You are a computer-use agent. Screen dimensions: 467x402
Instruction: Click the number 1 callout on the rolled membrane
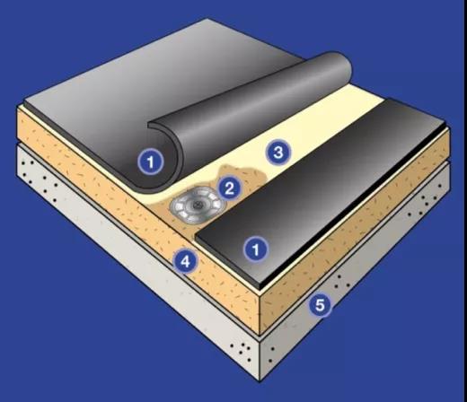(151, 162)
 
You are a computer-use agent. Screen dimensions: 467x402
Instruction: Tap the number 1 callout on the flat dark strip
(256, 249)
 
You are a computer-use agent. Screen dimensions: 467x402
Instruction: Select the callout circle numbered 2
(229, 188)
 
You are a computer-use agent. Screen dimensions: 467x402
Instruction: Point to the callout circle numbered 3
(278, 153)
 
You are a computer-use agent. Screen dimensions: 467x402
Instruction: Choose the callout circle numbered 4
(186, 261)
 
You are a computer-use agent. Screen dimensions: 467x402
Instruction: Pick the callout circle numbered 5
(320, 305)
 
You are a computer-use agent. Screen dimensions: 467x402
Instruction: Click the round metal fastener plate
(198, 205)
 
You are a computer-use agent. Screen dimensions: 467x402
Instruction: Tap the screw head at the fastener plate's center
(197, 205)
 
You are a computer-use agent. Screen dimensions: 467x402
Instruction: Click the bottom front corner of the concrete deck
(260, 381)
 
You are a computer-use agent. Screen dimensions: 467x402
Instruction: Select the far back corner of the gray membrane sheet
(207, 19)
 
